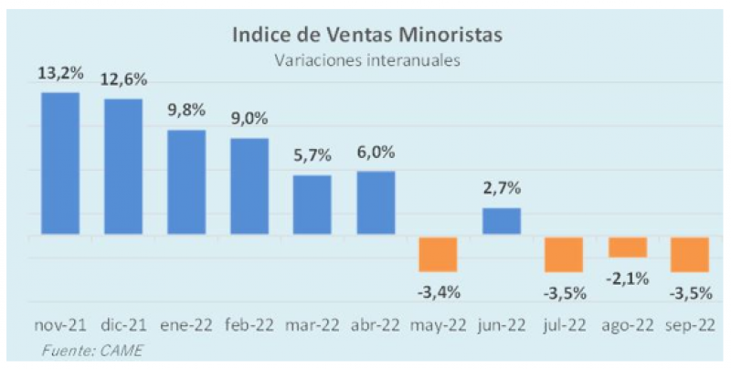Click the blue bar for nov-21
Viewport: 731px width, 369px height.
60,163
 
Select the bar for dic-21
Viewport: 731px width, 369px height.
122,166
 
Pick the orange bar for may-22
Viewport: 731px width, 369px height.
438,254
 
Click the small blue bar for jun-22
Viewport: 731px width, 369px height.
501,221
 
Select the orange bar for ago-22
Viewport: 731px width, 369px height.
627,247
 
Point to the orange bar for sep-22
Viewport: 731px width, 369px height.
690,254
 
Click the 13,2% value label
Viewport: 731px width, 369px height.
60,73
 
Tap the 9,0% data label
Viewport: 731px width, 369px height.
249,120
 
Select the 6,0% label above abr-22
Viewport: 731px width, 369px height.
375,153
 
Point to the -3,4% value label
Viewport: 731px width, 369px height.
438,292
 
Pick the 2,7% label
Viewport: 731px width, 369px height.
501,189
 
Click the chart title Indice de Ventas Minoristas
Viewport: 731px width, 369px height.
365,36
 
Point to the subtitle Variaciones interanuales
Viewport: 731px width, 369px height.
365,60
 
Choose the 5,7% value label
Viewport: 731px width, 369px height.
312,156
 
